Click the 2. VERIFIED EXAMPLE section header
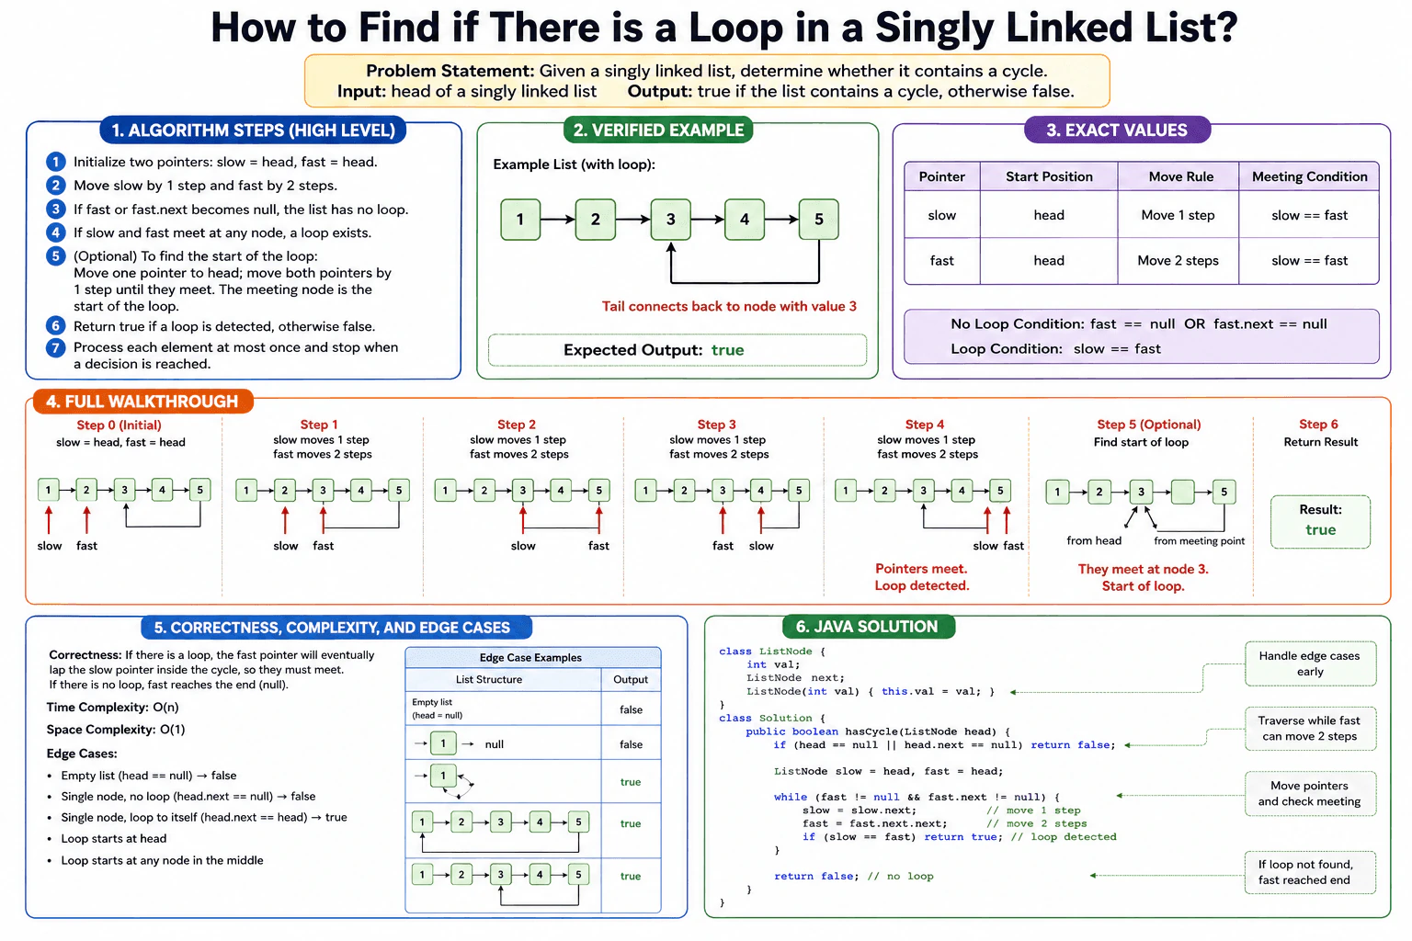click(658, 130)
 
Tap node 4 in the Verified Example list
click(745, 220)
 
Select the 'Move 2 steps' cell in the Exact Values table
click(1178, 260)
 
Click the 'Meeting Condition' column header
click(1309, 176)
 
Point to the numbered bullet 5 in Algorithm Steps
click(55, 255)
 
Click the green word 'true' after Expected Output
click(727, 350)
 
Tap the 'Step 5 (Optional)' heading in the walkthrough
click(1148, 425)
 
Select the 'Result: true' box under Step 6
click(1320, 521)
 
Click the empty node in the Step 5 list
click(1182, 492)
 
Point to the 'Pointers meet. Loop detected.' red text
click(922, 577)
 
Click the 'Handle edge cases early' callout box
click(1310, 663)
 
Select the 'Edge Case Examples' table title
click(530, 657)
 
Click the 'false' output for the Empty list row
click(631, 709)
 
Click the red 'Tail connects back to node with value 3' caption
click(729, 306)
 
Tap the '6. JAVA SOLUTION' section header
click(868, 627)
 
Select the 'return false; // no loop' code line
click(853, 876)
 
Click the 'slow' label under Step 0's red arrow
click(49, 546)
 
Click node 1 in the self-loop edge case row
click(443, 776)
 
